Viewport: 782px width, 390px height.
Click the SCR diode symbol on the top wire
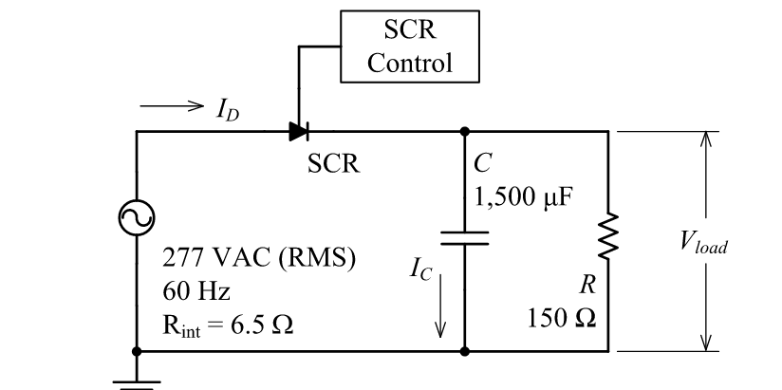[x=299, y=132]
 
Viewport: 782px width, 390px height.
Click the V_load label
[x=703, y=244]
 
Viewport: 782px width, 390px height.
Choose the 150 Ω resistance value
[x=563, y=317]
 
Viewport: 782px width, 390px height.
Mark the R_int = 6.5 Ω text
[x=228, y=324]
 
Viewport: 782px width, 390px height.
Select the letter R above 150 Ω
[x=586, y=285]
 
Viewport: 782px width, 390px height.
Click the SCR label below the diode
[x=334, y=165]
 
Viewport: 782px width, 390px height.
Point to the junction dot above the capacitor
[x=464, y=132]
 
